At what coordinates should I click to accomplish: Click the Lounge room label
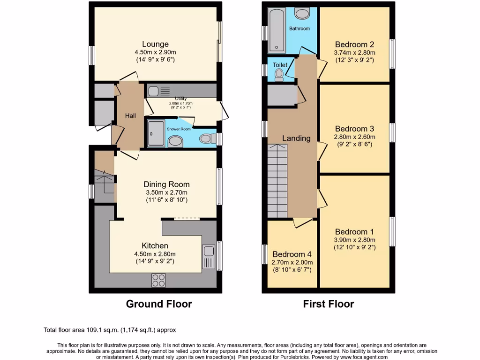click(155, 45)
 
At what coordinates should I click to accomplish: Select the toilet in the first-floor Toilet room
click(279, 75)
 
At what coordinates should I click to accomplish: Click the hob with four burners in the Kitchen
click(158, 280)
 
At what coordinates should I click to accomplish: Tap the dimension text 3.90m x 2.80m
click(354, 240)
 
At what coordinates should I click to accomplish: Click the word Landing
click(296, 138)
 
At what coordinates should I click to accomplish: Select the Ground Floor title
click(159, 304)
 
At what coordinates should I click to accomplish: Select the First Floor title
click(328, 304)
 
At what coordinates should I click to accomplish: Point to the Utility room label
click(181, 99)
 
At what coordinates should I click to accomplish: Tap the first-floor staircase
click(277, 180)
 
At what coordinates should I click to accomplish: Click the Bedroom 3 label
click(354, 129)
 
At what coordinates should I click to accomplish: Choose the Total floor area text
click(110, 330)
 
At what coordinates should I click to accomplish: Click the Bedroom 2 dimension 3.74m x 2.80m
click(354, 53)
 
